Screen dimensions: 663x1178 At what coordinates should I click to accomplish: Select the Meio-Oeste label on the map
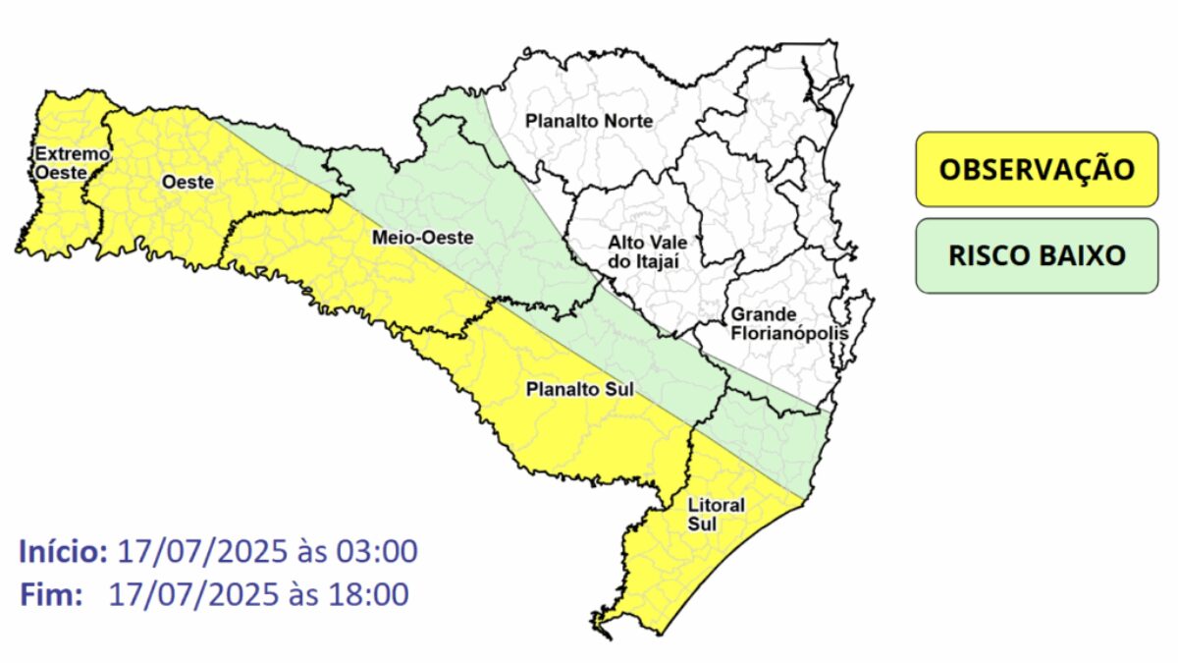tap(408, 238)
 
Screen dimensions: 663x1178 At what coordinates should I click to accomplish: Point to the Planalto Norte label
tap(589, 121)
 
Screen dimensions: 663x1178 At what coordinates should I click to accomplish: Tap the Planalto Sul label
tap(580, 389)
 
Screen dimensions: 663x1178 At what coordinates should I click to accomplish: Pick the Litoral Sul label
tap(717, 515)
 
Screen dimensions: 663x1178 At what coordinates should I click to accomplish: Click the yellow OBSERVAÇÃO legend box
tap(1037, 169)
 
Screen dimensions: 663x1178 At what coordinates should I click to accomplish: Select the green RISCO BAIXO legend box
tap(1037, 256)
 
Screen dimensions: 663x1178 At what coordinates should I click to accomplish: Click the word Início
tap(63, 552)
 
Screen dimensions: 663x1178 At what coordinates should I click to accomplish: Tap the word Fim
tap(49, 594)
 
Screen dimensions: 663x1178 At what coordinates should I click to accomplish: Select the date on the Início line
tap(200, 552)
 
